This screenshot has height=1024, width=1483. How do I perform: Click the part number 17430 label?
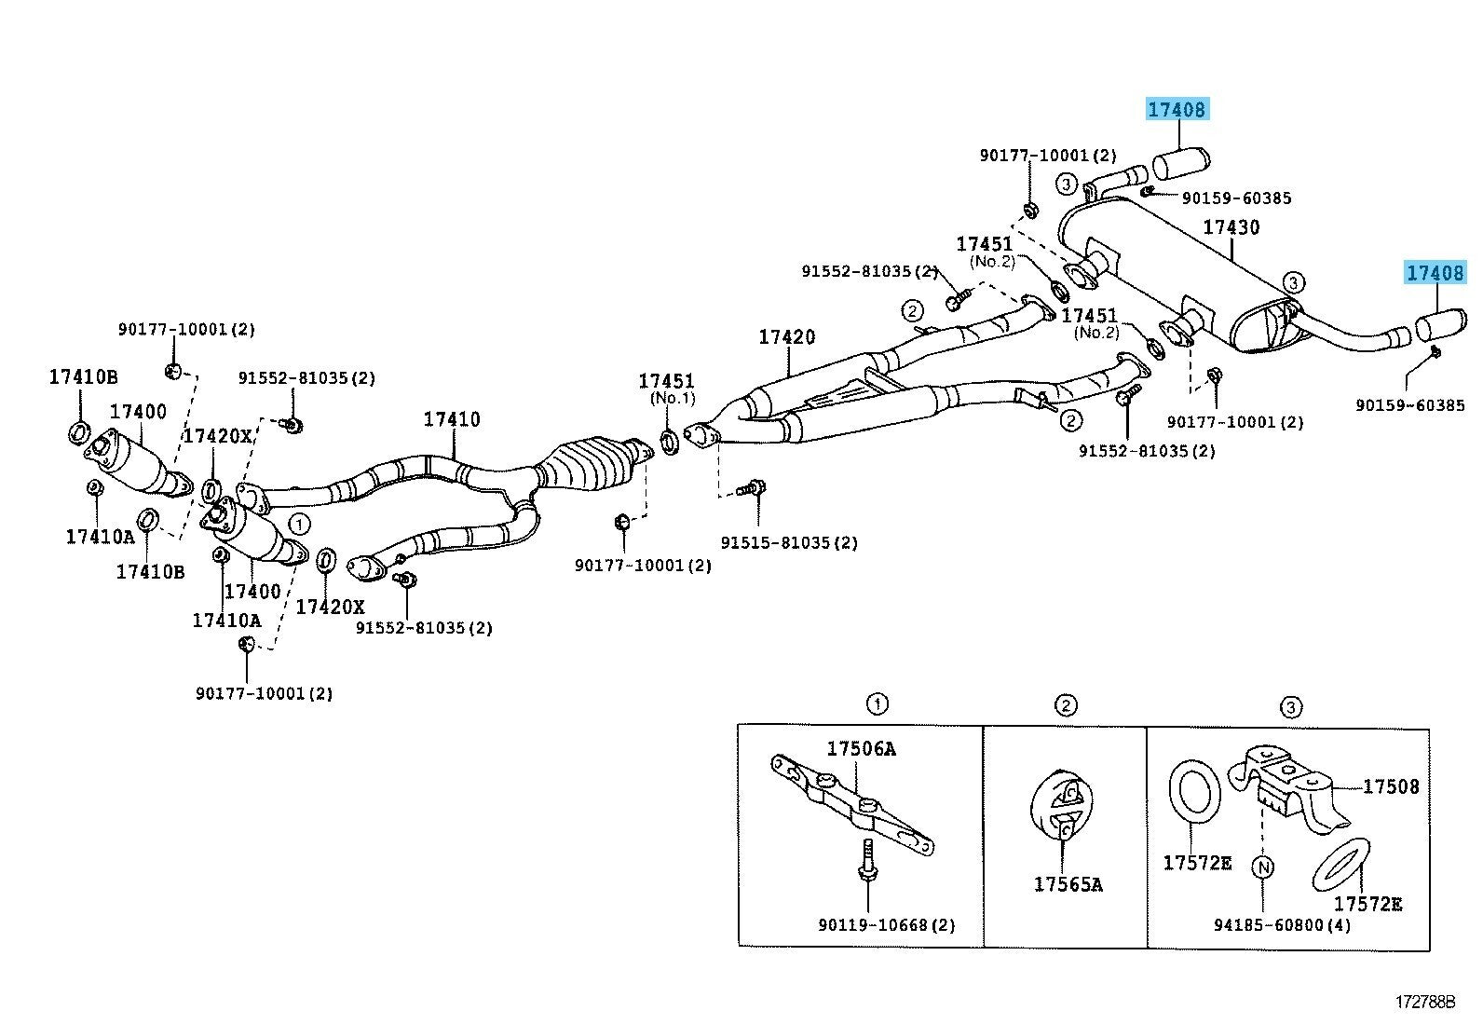[1231, 227]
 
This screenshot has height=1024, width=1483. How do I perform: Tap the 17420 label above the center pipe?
[786, 337]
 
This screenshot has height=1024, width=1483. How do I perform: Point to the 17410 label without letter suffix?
[452, 419]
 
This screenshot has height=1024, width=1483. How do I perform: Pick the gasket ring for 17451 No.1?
[670, 441]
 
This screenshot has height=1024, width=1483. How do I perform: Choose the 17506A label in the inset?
[861, 749]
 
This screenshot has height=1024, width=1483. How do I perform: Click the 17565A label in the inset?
[1068, 884]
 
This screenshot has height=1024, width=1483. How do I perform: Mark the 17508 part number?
[1391, 787]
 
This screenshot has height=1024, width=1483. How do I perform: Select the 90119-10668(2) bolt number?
[887, 925]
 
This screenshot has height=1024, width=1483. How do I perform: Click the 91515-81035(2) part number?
[788, 542]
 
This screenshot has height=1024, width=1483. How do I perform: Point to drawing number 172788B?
[1423, 1003]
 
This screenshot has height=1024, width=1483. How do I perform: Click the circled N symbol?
[1263, 867]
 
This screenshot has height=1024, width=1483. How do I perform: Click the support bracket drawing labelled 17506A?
[852, 805]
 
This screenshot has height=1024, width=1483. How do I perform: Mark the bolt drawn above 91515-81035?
[753, 487]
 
